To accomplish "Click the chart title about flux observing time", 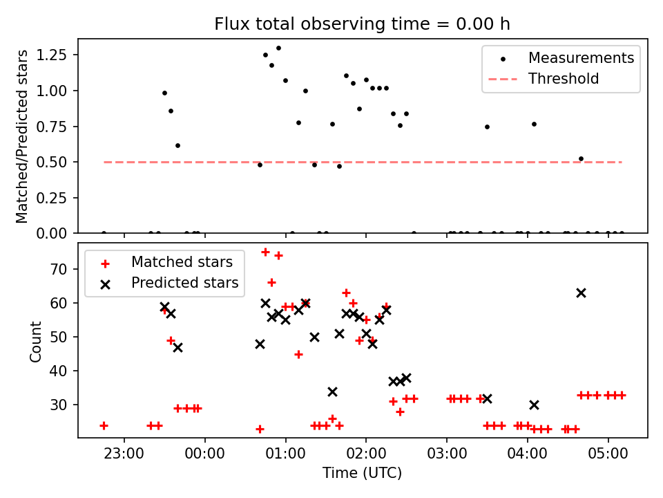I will pos(362,24).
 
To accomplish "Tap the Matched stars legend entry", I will pos(182,262).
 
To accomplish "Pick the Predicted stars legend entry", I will pos(185,283).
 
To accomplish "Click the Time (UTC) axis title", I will pos(362,474).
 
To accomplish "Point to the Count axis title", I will pos(35,341).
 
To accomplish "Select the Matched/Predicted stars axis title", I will pos(22,136).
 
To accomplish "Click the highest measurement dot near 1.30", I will pos(278,48).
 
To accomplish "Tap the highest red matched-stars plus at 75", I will pos(265,252).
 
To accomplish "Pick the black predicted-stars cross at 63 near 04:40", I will pos(581,293).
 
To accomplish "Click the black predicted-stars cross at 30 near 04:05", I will pos(534,405).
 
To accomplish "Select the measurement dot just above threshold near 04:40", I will pos(581,158).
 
